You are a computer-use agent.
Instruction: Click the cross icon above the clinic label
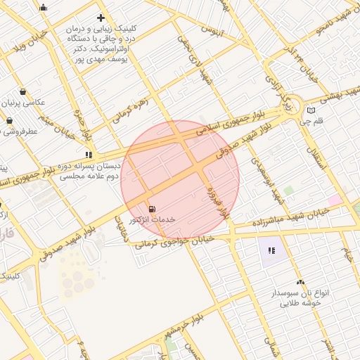point(101,18)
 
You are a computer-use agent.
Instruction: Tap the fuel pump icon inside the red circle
point(153,209)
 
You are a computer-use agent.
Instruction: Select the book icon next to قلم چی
point(311,110)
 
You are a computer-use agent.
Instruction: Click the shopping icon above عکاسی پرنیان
point(23,91)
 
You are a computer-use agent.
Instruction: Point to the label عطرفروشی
point(20,131)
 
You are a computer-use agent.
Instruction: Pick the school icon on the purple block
point(271,250)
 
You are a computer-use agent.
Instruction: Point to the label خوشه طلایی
point(300,303)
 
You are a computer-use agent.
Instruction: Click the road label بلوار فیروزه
point(218,202)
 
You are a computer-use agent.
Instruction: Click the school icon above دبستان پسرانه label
point(89,155)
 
